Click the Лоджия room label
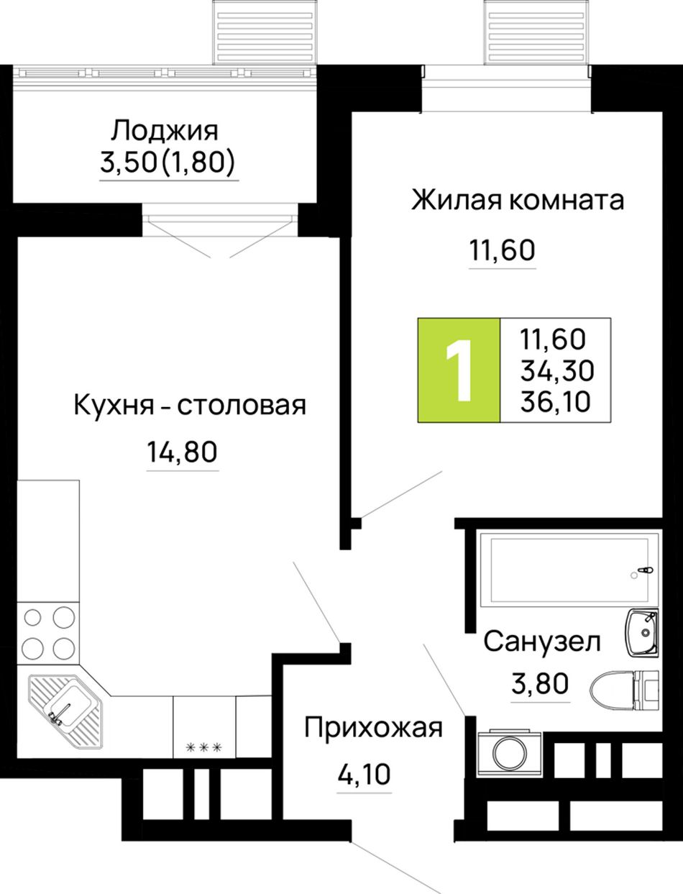click(165, 131)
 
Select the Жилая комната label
click(518, 201)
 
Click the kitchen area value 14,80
click(182, 452)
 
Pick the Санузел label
click(542, 641)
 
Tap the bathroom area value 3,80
click(540, 683)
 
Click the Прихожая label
click(373, 729)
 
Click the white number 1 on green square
click(459, 370)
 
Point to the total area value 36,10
click(555, 402)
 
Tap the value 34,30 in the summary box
click(557, 370)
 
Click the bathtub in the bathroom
click(569, 570)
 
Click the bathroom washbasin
click(641, 632)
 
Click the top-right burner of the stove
click(64, 617)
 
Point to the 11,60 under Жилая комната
click(503, 250)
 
